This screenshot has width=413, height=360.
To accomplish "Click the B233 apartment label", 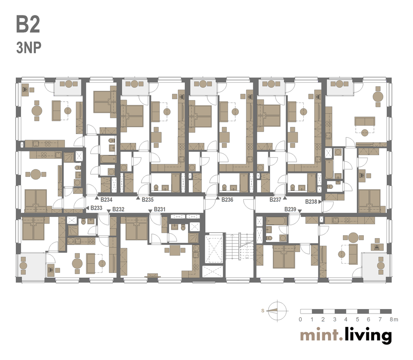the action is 96,208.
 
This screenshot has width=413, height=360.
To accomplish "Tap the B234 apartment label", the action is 106,200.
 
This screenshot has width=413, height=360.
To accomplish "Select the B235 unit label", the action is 148,200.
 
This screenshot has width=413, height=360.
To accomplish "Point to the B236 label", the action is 227,200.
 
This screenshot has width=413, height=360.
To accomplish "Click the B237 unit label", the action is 275,200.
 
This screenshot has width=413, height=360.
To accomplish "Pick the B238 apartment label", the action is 311,202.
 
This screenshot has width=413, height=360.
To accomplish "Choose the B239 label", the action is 290,209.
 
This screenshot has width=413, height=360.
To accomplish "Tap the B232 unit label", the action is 118,209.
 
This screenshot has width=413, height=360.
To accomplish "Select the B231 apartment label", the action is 160,209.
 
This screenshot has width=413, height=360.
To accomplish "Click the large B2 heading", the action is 28,25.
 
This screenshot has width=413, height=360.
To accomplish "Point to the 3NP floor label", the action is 29,48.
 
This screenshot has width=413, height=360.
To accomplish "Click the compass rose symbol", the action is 277,311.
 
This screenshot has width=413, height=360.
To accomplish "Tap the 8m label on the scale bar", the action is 394,319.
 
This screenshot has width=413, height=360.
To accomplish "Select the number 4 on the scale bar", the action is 346,319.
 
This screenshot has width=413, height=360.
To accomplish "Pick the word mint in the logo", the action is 319,335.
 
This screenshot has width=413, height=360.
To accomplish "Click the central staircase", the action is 239,247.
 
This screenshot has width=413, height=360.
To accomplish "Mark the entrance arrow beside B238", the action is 320,202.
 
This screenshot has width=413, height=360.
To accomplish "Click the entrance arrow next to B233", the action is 88,208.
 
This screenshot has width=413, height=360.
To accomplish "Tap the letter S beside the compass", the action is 263,311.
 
